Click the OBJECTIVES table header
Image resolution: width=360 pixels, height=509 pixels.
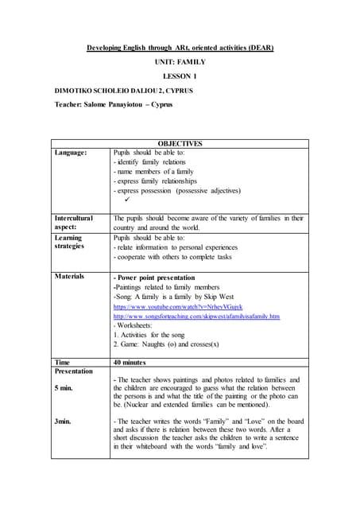click(x=180, y=144)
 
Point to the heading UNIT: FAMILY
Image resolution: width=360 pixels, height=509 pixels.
click(x=179, y=62)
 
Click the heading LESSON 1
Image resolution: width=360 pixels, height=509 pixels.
click(x=179, y=76)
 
